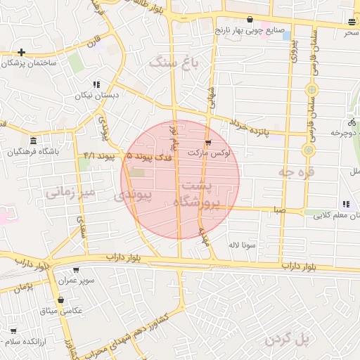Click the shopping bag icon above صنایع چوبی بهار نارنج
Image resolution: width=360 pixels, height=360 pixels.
point(251,19)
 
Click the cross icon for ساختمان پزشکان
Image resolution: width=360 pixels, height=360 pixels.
point(22,52)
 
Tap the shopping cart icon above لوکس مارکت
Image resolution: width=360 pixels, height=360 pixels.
point(207,142)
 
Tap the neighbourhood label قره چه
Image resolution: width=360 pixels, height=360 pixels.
point(296,172)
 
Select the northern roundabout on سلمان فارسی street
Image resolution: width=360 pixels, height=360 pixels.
point(311,89)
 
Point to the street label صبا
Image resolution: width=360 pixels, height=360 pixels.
point(280,210)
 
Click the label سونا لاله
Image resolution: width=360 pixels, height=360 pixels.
point(241,245)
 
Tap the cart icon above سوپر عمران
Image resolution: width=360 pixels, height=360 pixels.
point(76,269)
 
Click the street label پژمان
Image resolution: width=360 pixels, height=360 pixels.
point(23,287)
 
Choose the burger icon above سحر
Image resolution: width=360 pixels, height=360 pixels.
point(351,22)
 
